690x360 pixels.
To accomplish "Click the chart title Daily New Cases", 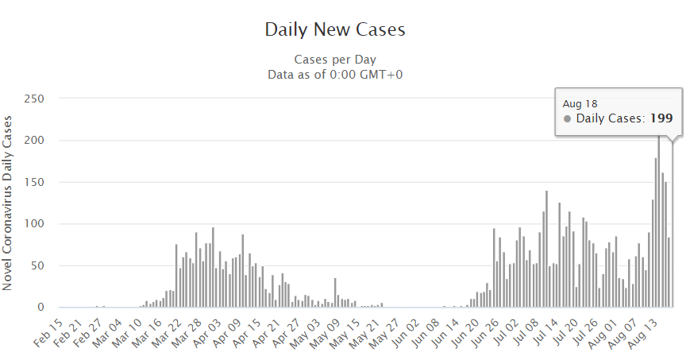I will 334,30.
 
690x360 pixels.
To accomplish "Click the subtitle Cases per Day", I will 334,60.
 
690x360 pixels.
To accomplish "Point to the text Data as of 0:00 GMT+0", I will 334,74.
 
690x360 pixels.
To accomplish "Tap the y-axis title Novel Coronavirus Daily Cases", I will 8,203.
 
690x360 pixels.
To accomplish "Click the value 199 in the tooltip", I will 661,118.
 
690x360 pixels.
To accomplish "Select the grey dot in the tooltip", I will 567,118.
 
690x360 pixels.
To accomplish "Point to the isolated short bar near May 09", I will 335,292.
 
